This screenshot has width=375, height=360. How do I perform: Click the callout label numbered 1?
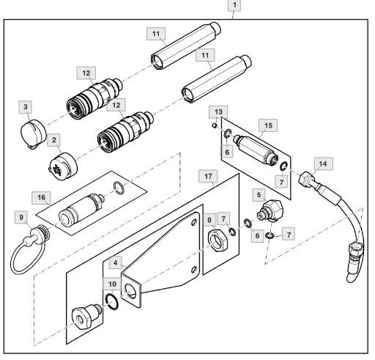[234, 5]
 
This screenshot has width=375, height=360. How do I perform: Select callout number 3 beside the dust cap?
[26, 107]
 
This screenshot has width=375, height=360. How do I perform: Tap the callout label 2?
[54, 140]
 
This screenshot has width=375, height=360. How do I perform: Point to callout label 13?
[218, 112]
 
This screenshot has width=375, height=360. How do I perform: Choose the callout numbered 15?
[268, 125]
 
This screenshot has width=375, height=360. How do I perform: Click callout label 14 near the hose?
[323, 164]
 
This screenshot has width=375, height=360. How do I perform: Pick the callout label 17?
[208, 176]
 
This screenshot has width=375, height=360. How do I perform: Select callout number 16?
[42, 198]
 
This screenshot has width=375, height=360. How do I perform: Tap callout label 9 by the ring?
[21, 218]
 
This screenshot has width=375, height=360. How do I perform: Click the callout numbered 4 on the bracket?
[116, 263]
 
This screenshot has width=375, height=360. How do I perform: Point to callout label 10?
[112, 284]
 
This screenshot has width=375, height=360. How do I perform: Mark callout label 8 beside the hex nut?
[209, 220]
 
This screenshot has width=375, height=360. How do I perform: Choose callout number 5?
[259, 195]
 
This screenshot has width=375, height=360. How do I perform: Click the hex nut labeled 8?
[218, 240]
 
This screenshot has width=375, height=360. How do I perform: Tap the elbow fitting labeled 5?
[270, 210]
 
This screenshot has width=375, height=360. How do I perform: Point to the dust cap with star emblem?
[63, 166]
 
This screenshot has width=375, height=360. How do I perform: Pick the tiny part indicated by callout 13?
[214, 125]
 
